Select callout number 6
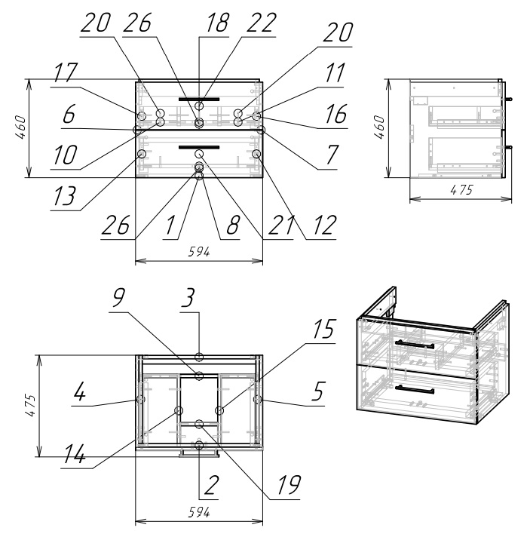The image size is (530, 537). pos(69,114)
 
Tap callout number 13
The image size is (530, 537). pos(64,196)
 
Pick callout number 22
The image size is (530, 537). pos(262,23)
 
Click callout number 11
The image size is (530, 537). pos(335,72)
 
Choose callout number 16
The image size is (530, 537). pos(336,114)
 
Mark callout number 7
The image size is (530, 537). pos(332,155)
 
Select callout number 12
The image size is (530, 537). pos(321,225)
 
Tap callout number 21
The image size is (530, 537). pos(280,225)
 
